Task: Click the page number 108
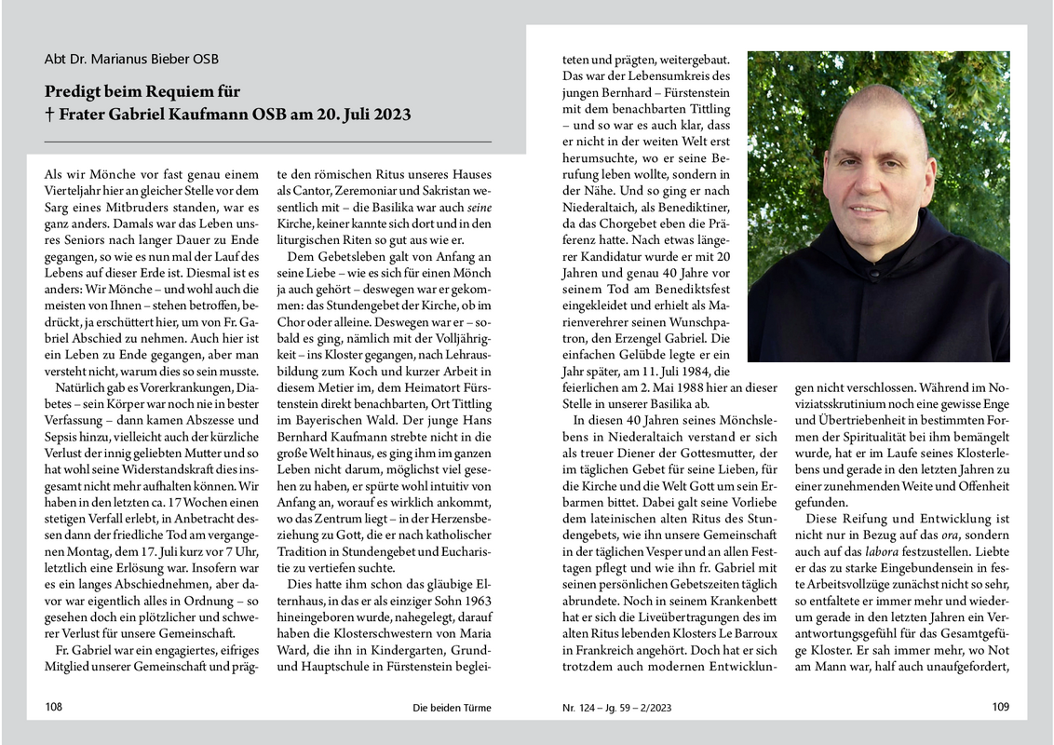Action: pos(54,708)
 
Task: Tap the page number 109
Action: pos(1000,707)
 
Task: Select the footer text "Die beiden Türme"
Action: pos(452,708)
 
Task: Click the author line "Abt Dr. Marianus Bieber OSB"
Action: pos(131,59)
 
